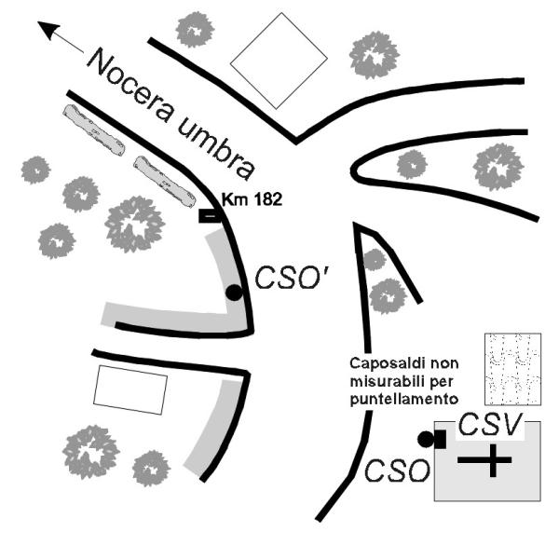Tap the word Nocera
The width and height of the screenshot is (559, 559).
[134, 85]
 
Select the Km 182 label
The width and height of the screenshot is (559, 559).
[252, 199]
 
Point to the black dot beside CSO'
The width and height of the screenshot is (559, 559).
[234, 293]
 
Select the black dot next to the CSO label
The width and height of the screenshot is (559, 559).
[426, 439]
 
